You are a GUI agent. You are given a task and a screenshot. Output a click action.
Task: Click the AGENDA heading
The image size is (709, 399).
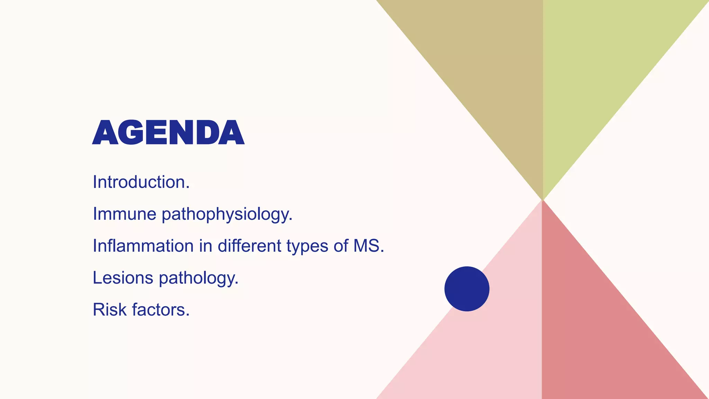coord(168,132)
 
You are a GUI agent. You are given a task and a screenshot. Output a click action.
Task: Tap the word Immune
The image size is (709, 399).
coord(125,214)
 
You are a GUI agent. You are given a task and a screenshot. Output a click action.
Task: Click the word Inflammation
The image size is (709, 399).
coord(143,246)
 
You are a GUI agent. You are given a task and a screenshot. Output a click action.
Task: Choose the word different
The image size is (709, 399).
coord(249,246)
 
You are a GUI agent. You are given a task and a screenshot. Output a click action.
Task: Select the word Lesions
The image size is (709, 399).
coord(123,278)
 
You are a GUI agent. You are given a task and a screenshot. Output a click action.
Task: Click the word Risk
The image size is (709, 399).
coord(109,310)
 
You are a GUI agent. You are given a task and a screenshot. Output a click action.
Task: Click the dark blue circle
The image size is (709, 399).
coord(467,289)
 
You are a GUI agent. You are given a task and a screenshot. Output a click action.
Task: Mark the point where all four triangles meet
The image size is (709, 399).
coord(542,200)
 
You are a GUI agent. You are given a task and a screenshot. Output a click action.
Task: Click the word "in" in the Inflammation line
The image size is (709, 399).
coord(205,246)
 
